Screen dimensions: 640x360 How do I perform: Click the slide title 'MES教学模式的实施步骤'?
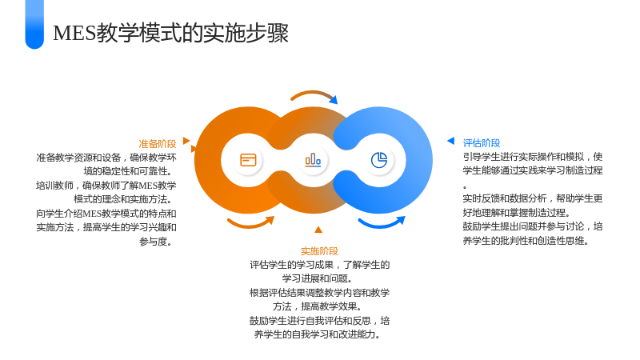click(x=170, y=33)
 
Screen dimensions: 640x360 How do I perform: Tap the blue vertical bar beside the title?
click(x=34, y=24)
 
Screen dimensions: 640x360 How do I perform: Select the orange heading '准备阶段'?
click(x=157, y=144)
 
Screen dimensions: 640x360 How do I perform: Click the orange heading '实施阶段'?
click(x=319, y=251)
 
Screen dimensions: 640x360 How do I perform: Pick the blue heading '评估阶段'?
click(x=482, y=143)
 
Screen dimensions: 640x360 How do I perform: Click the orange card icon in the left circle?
click(x=248, y=160)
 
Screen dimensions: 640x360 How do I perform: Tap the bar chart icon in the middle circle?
click(x=313, y=160)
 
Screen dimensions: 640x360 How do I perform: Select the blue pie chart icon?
click(x=379, y=160)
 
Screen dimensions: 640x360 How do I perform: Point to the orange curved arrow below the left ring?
click(x=250, y=225)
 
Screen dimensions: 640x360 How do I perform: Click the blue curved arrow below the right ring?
click(x=382, y=225)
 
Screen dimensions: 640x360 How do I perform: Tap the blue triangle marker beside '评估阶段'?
click(x=450, y=141)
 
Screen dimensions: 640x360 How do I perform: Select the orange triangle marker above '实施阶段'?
click(x=318, y=230)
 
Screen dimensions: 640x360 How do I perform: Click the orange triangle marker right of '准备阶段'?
click(x=186, y=141)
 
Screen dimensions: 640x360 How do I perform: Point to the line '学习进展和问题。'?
click(x=318, y=278)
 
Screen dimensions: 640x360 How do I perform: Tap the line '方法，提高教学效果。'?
click(x=318, y=306)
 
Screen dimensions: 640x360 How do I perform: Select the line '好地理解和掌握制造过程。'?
click(x=516, y=213)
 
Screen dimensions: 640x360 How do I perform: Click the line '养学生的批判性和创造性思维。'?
click(x=526, y=241)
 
